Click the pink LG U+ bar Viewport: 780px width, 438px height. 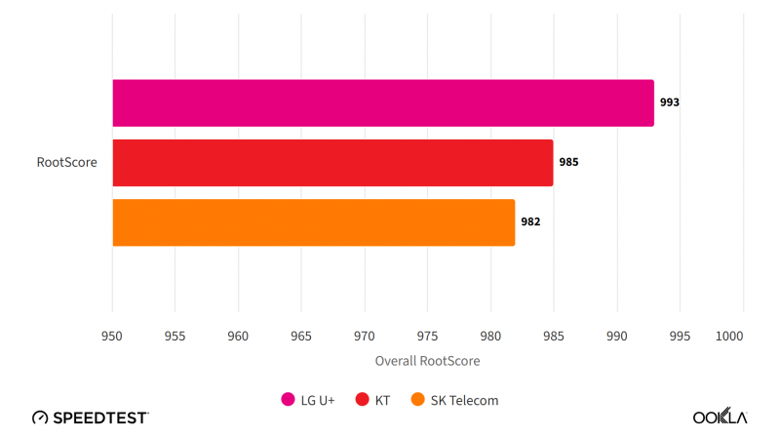click(x=383, y=102)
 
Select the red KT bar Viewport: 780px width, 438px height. click(x=332, y=162)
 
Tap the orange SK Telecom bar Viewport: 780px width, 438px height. click(x=313, y=222)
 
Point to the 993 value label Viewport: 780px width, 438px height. click(x=669, y=102)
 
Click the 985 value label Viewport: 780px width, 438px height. click(x=568, y=162)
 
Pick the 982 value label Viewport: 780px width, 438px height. click(x=530, y=222)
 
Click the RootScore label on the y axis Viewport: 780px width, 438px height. click(x=67, y=163)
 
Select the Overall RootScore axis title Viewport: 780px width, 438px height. click(x=427, y=361)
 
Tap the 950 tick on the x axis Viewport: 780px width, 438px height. click(x=112, y=336)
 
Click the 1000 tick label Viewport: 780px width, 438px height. click(x=728, y=336)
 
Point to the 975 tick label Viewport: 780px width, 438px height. click(x=427, y=336)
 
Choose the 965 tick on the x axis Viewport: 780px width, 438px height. click(x=301, y=336)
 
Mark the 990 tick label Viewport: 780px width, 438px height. click(x=616, y=336)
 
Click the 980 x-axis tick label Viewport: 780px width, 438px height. click(x=490, y=336)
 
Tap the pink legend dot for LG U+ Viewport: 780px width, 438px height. click(x=288, y=399)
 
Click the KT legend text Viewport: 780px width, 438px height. click(x=381, y=399)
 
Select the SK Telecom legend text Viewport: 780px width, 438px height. click(x=464, y=399)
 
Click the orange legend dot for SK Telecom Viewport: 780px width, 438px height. click(x=418, y=399)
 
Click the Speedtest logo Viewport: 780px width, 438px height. click(x=91, y=417)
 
